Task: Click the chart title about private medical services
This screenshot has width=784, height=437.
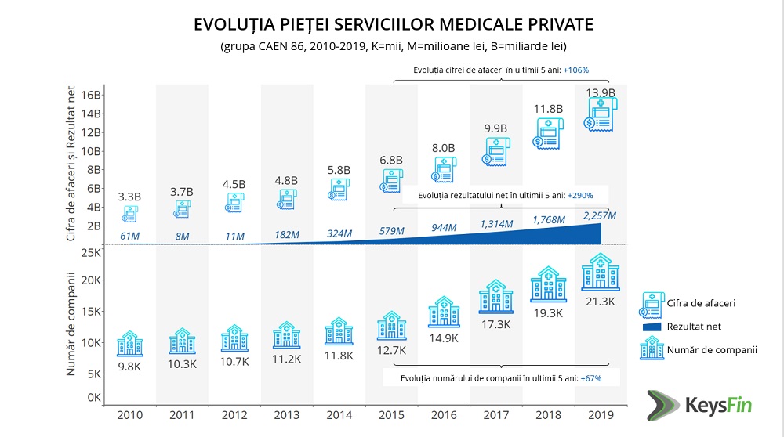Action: pyautogui.click(x=393, y=24)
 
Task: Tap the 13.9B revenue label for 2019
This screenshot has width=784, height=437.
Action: pyautogui.click(x=601, y=92)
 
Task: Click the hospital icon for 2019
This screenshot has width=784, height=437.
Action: pyautogui.click(x=601, y=272)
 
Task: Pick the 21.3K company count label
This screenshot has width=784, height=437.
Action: pyautogui.click(x=601, y=302)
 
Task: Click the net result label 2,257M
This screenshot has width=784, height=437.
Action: pyautogui.click(x=600, y=215)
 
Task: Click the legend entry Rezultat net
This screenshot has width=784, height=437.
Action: pyautogui.click(x=695, y=326)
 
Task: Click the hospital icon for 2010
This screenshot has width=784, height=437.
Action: pyautogui.click(x=129, y=344)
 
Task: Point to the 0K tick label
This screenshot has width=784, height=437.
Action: pyautogui.click(x=94, y=398)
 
